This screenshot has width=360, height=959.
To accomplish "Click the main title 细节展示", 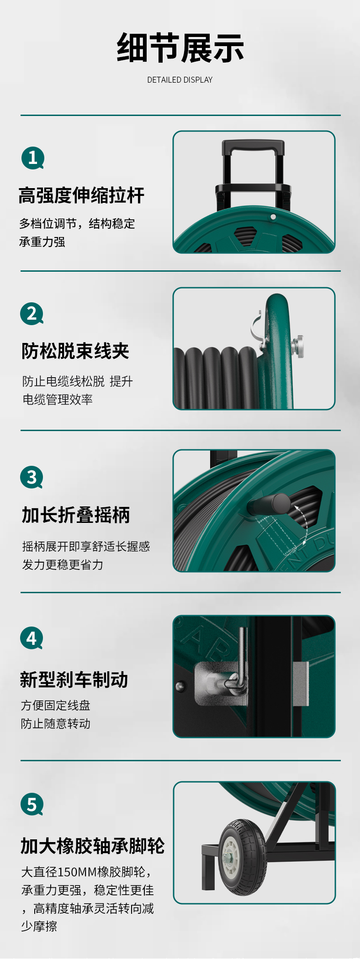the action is pyautogui.click(x=180, y=48).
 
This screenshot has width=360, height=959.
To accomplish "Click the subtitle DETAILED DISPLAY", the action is pyautogui.click(x=180, y=80).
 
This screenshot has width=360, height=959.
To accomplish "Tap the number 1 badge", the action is pyautogui.click(x=32, y=158).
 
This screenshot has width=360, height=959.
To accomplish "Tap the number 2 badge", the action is pyautogui.click(x=32, y=314).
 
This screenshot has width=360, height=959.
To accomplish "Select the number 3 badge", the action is pyautogui.click(x=32, y=477).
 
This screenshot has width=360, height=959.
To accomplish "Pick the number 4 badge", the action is pyautogui.click(x=32, y=638).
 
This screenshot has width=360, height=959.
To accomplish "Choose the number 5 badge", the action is pyautogui.click(x=32, y=804).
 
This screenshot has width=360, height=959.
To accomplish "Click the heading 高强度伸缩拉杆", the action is pyautogui.click(x=81, y=195).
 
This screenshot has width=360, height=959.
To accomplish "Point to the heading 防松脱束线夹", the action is pyautogui.click(x=75, y=351).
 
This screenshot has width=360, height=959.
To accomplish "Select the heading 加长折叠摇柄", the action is pyautogui.click(x=76, y=515).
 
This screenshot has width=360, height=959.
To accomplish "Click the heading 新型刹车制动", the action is pyautogui.click(x=74, y=680).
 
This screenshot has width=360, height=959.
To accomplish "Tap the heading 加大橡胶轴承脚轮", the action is pyautogui.click(x=93, y=846).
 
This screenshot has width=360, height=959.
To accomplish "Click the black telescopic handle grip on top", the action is pyautogui.click(x=253, y=147).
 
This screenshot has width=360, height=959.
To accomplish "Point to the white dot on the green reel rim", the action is pyautogui.click(x=273, y=217).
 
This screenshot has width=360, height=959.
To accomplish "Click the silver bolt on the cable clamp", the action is pyautogui.click(x=297, y=346).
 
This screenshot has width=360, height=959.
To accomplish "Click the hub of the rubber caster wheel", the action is pyautogui.click(x=230, y=857).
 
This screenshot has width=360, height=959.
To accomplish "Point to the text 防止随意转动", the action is pyautogui.click(x=56, y=723).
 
